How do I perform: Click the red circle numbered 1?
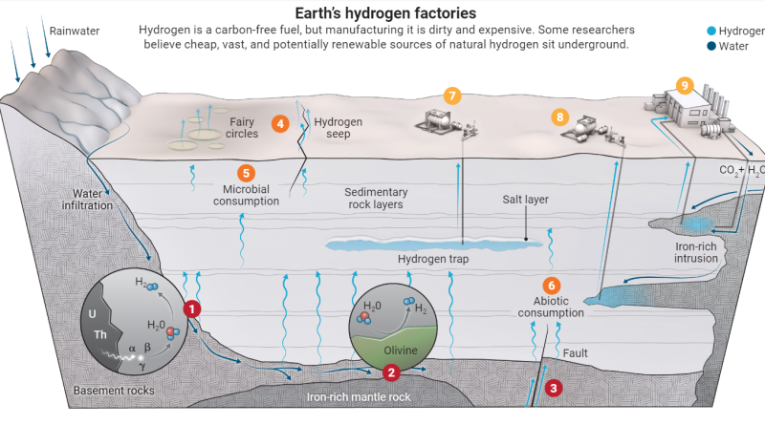point(192,309)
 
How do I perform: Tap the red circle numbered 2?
point(391,372)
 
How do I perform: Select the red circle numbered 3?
point(554,388)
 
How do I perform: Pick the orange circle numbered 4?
point(280,124)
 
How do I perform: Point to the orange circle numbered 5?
point(246,173)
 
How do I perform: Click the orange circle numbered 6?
point(552,286)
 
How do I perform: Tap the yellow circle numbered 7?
point(452,96)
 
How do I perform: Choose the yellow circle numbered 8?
point(560,117)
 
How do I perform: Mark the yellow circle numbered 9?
point(685,86)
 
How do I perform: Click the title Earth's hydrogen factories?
point(385,12)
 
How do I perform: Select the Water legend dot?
point(711,46)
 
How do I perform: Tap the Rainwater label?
point(75,32)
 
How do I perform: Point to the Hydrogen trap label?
point(433,259)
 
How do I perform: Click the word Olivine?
point(401,351)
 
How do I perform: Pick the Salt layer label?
point(525,200)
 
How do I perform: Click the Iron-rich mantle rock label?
point(359,397)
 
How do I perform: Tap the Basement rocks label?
point(114,391)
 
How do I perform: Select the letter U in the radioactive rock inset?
point(92,314)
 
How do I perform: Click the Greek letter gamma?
point(142,367)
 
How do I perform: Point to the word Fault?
point(576,352)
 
